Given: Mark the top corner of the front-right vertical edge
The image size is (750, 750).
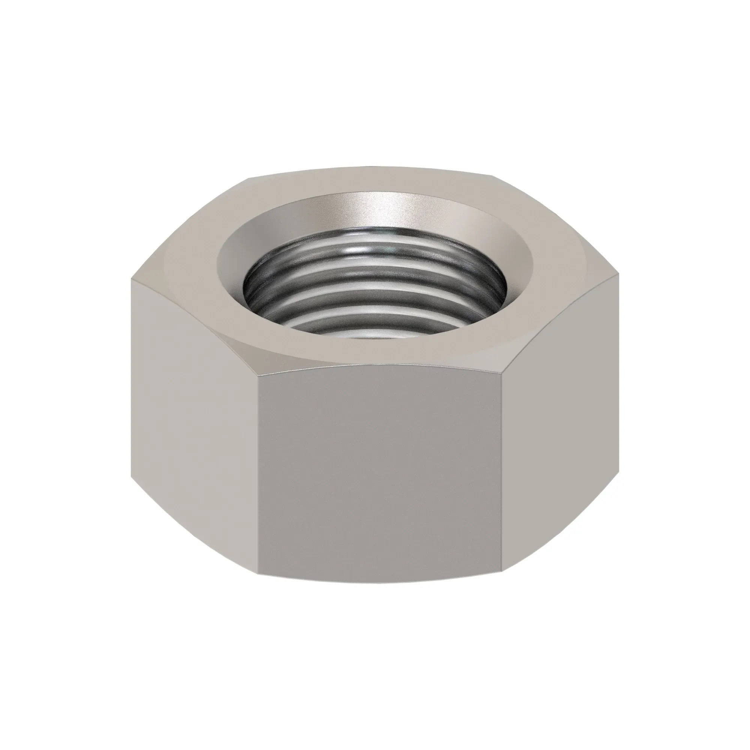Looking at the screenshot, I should [502, 375].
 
